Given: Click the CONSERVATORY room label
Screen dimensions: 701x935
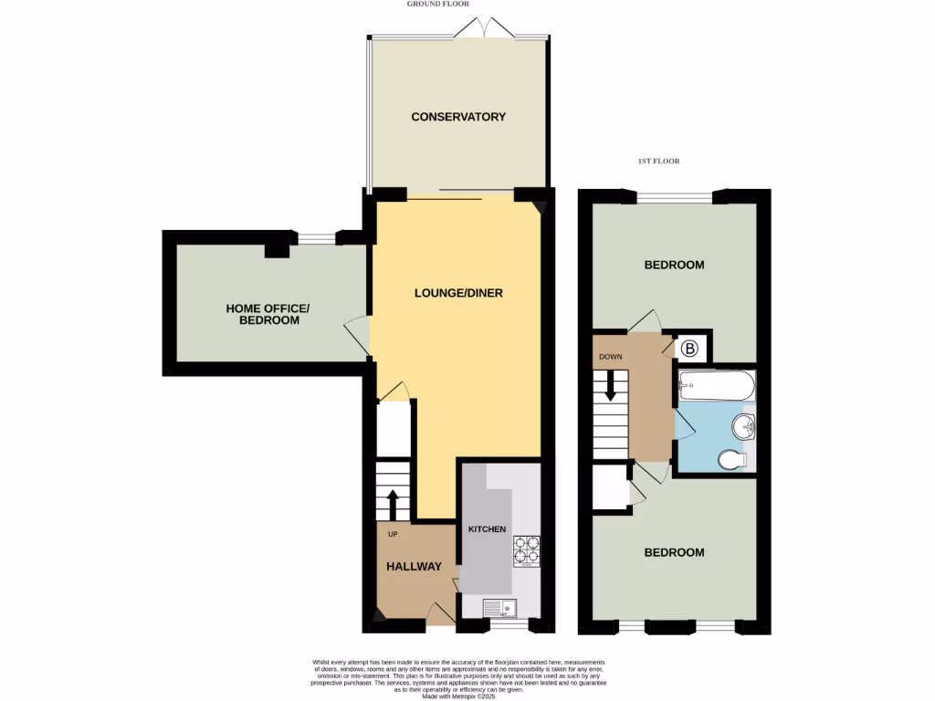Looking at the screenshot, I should pyautogui.click(x=457, y=117).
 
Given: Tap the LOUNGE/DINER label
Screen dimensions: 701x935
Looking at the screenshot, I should pyautogui.click(x=458, y=293).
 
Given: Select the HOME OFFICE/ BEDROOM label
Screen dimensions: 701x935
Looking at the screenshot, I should pyautogui.click(x=268, y=315).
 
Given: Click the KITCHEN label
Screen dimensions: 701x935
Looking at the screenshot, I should pyautogui.click(x=487, y=529).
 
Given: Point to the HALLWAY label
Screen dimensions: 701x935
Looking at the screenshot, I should pyautogui.click(x=414, y=567).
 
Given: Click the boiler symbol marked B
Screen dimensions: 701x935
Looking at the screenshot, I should pyautogui.click(x=690, y=348).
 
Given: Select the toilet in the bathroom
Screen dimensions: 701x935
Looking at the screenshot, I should pyautogui.click(x=733, y=459).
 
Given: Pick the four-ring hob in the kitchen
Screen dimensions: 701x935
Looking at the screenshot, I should pyautogui.click(x=526, y=550).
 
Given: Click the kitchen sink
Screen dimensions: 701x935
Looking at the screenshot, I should pyautogui.click(x=500, y=606).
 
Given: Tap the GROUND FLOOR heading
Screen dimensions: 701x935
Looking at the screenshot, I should pyautogui.click(x=438, y=5).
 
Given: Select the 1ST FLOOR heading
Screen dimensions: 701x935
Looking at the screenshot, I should pyautogui.click(x=658, y=162).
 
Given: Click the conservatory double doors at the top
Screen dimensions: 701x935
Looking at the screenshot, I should pyautogui.click(x=486, y=29).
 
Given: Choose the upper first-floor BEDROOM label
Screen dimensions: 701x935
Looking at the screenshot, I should pyautogui.click(x=674, y=266).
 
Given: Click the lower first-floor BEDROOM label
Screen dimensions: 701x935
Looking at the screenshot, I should pyautogui.click(x=674, y=553).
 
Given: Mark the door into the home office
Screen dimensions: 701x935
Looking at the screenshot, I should pyautogui.click(x=358, y=333).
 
